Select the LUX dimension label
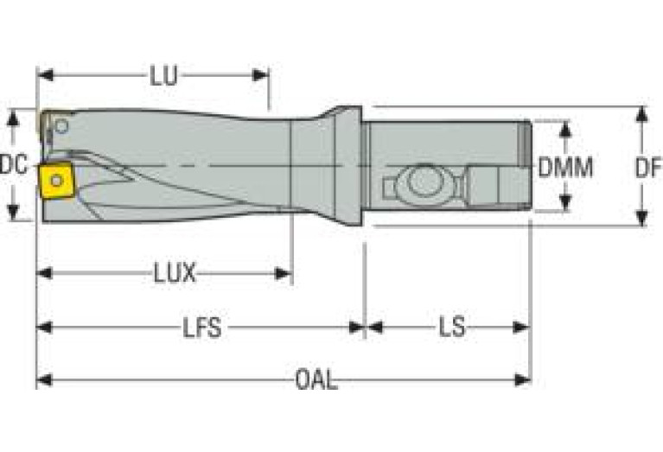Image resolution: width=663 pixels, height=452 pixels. (174, 274)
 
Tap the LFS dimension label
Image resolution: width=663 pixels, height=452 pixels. (201, 328)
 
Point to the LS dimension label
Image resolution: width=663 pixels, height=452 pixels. (451, 328)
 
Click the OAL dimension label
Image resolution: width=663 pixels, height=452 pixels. (316, 380)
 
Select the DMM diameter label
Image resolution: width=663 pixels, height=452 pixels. (565, 167)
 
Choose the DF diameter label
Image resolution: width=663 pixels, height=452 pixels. (647, 167)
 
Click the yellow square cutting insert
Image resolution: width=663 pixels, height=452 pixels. (55, 180)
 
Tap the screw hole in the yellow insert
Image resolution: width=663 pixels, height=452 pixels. (56, 180)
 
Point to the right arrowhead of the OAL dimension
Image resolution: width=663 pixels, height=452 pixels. (522, 380)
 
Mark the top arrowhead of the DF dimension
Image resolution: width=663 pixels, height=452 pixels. (641, 113)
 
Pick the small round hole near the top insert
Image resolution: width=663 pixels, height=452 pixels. (61, 126)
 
